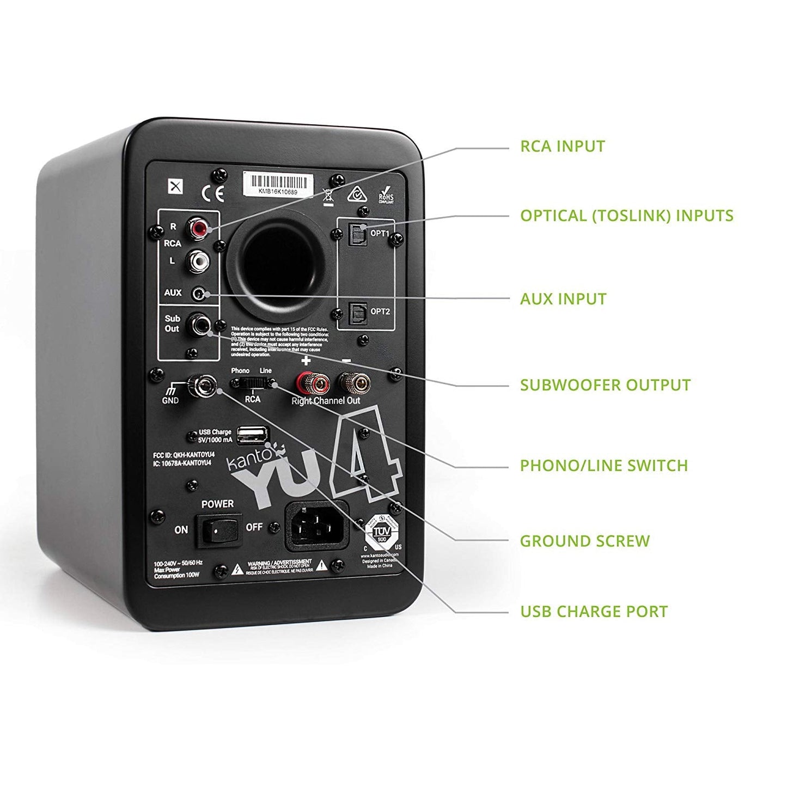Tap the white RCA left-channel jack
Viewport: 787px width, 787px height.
coord(197,261)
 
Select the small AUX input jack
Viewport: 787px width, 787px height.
coord(200,295)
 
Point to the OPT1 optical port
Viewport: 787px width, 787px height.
coord(357,233)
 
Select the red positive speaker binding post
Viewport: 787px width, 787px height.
coord(306,383)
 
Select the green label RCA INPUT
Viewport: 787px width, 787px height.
coord(563,147)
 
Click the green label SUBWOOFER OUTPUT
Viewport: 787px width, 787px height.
coord(605,385)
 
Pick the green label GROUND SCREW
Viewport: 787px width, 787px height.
coord(585,541)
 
